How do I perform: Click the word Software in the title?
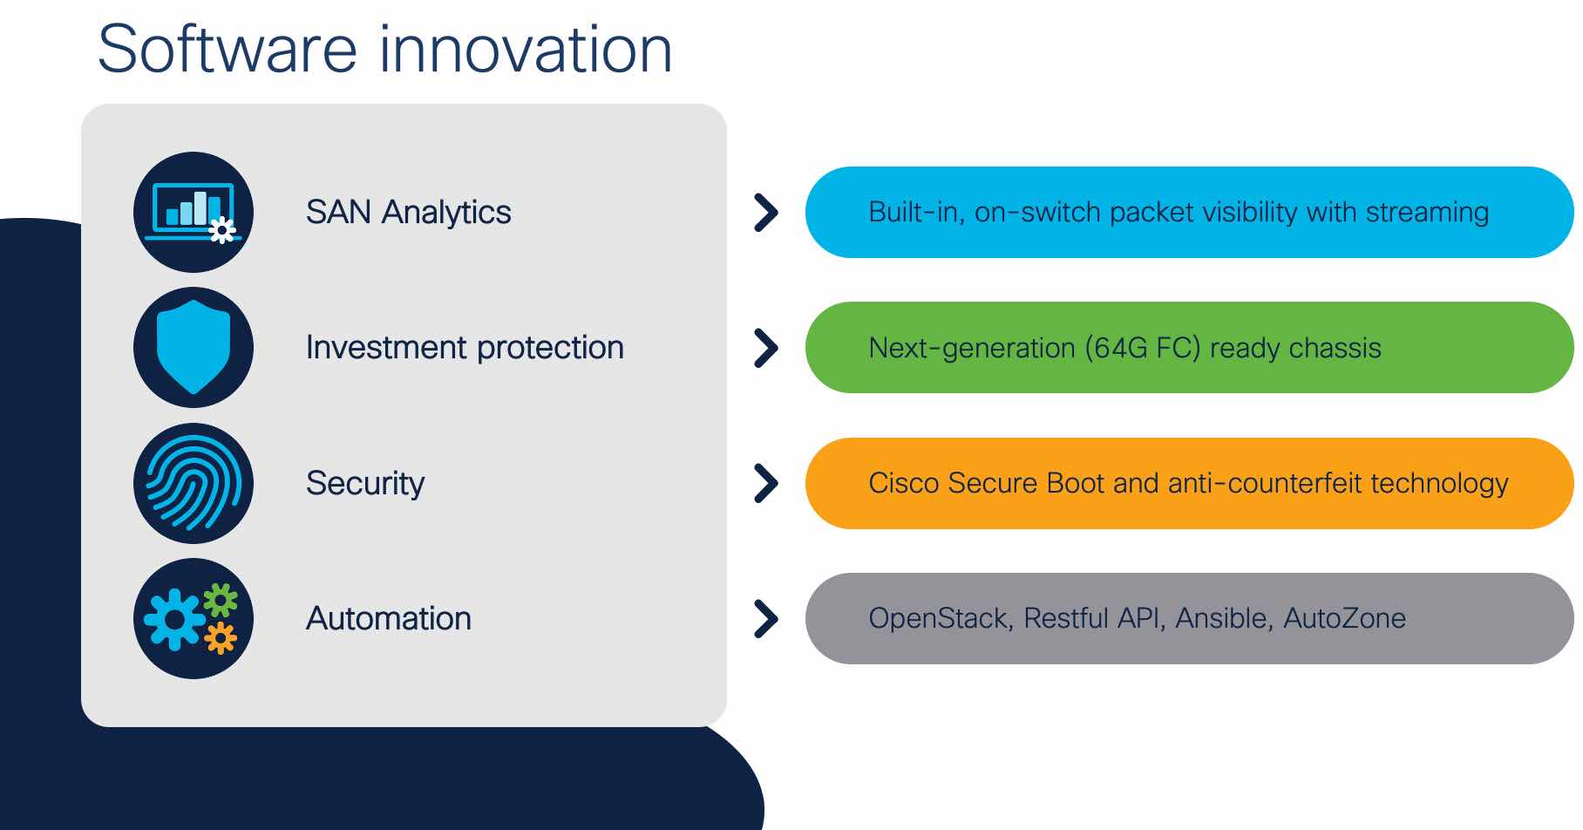(x=228, y=49)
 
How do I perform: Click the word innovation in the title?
(x=526, y=49)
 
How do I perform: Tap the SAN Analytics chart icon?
(x=194, y=212)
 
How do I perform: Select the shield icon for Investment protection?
(x=194, y=347)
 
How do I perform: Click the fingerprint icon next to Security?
(x=194, y=483)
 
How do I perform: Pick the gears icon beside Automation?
(x=194, y=618)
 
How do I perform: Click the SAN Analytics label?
(x=408, y=213)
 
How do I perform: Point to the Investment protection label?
(x=465, y=348)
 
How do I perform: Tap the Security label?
(x=365, y=484)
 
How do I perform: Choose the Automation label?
(x=389, y=619)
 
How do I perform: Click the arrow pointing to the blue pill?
(x=766, y=212)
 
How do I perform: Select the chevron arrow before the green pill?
(x=766, y=348)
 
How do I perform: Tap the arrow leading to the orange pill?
(x=766, y=483)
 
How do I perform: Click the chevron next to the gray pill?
(x=766, y=619)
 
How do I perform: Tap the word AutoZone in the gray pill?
(x=1344, y=618)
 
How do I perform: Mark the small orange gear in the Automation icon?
(x=221, y=638)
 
